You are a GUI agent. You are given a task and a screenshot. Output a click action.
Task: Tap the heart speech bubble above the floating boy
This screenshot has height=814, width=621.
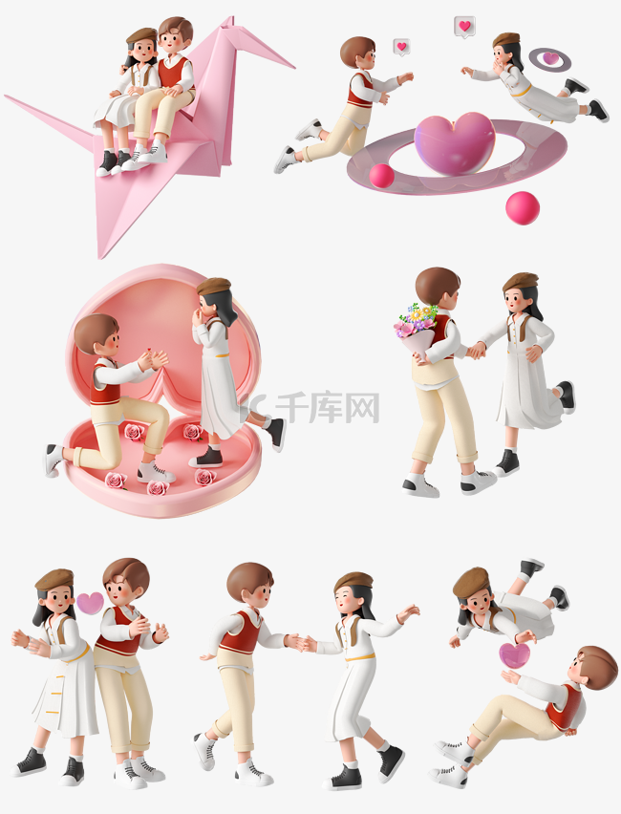[x=401, y=46]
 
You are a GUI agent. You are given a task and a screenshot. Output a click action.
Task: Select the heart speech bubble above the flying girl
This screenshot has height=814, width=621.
[x=464, y=27]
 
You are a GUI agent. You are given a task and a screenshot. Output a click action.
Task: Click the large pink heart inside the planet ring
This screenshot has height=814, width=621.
[x=455, y=143]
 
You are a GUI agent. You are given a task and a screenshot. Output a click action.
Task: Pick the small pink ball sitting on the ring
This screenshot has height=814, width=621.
[x=382, y=176]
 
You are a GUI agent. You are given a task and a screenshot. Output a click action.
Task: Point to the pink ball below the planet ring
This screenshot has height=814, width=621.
[x=522, y=207]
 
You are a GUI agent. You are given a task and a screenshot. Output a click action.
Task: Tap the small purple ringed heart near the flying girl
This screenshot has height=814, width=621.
[x=550, y=59]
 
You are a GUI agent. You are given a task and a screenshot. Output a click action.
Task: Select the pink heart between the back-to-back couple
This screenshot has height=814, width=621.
[x=90, y=602]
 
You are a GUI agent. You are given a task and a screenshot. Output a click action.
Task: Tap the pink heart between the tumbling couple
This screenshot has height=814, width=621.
[x=514, y=654]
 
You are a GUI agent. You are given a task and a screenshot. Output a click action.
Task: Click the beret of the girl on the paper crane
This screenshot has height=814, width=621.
[x=141, y=35]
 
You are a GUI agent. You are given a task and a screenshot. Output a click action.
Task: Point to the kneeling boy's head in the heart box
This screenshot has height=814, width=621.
[x=96, y=334]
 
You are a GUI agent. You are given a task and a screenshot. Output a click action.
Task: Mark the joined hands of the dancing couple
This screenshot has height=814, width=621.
[x=298, y=642]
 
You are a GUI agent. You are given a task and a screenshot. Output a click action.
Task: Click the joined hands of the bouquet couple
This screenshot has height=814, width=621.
[x=475, y=351]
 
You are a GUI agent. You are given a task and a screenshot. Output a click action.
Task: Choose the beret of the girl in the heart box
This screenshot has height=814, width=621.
[x=213, y=286]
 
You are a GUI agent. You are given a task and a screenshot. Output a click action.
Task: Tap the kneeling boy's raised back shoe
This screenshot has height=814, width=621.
[x=53, y=460]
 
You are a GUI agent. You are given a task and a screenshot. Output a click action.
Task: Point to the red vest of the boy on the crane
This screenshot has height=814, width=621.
[x=172, y=72]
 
